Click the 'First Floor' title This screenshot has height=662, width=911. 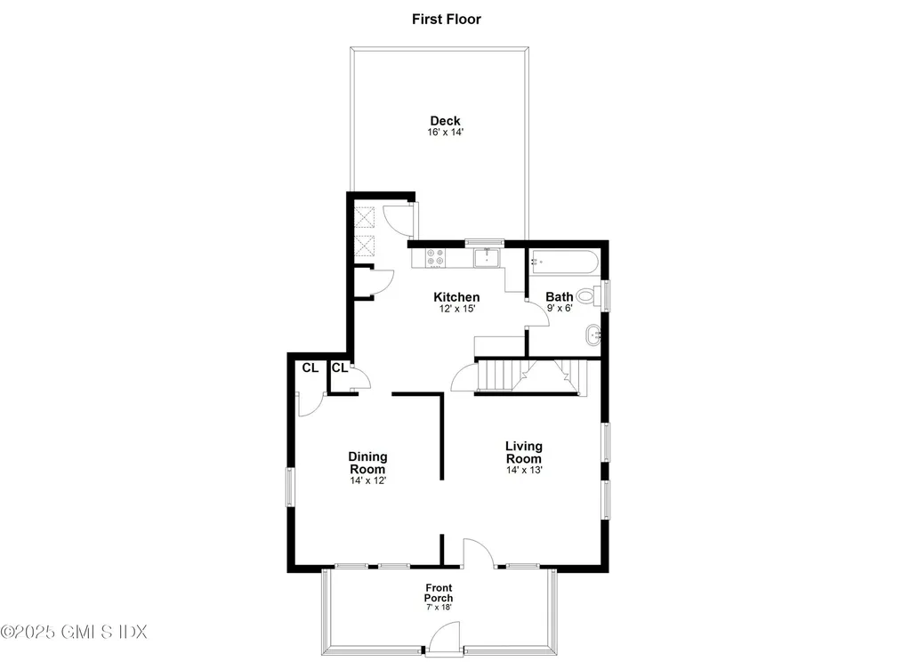[446, 19]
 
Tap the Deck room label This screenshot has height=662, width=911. [445, 121]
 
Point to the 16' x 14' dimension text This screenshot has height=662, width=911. [445, 133]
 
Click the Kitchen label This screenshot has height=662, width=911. [456, 297]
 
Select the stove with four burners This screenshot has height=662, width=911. [436, 258]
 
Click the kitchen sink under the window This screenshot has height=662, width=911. [487, 258]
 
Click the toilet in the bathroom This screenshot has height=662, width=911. [588, 295]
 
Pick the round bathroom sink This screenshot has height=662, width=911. [594, 336]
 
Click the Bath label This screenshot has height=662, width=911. [560, 297]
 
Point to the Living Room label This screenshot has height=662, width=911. [524, 452]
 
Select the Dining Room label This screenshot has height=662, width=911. [367, 463]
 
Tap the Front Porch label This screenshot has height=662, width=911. [438, 593]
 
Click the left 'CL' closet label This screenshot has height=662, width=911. [310, 367]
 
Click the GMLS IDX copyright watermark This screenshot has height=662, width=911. [74, 632]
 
